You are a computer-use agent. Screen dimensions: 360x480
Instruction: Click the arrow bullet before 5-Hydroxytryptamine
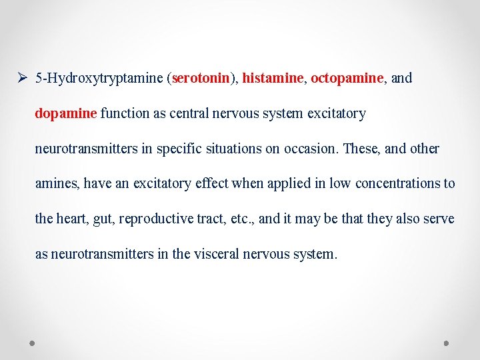[x=23, y=78]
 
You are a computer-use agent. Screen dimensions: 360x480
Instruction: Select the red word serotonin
[x=201, y=78]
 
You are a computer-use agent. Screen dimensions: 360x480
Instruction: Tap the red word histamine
[x=273, y=78]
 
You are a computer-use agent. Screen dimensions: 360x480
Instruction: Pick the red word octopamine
[x=347, y=78]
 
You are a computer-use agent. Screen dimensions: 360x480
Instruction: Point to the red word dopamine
[x=66, y=113]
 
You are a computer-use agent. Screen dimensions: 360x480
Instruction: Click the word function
[x=125, y=113]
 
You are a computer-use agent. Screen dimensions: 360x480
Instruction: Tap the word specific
[x=179, y=149]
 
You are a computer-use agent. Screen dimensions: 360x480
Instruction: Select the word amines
[x=57, y=183]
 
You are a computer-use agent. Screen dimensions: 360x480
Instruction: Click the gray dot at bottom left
[x=32, y=343]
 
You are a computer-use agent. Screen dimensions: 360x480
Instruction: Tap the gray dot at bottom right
[x=447, y=343]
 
